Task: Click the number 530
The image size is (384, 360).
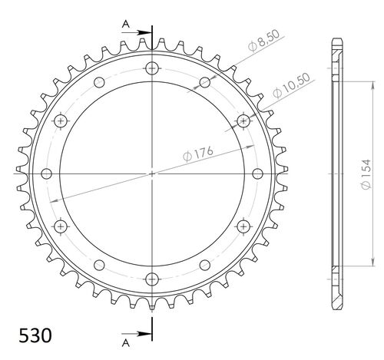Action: (x=35, y=335)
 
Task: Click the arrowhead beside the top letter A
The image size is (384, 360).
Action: (x=146, y=32)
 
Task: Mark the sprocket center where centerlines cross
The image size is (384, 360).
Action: (x=152, y=173)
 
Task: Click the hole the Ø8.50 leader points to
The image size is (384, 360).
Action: (x=204, y=82)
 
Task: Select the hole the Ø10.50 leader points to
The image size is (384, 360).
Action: (x=243, y=120)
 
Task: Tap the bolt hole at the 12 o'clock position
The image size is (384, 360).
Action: (x=152, y=68)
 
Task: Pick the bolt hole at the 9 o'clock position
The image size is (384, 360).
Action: (x=47, y=173)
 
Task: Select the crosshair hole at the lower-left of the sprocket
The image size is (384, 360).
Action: (x=61, y=226)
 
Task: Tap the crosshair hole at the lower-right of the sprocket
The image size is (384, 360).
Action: (x=243, y=226)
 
